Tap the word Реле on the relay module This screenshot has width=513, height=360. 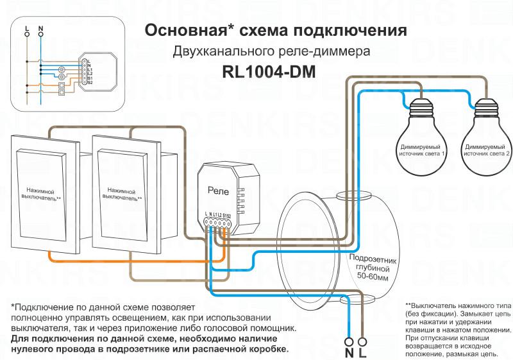point(218,191)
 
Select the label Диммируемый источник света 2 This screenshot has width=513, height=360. point(487,151)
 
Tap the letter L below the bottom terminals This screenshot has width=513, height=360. point(364,354)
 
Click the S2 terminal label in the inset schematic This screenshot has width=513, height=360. point(90,83)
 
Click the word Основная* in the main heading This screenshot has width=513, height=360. point(185,31)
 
